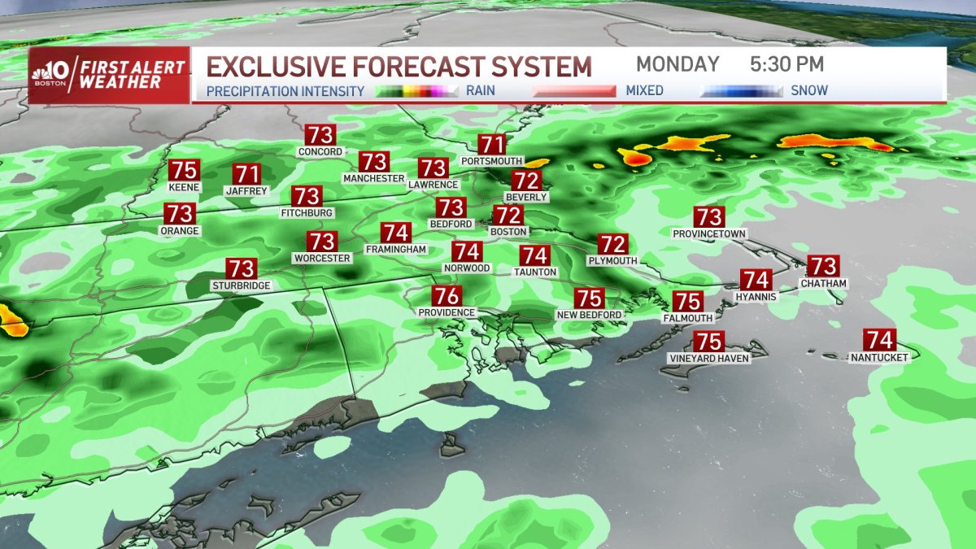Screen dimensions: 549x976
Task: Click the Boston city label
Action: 508,232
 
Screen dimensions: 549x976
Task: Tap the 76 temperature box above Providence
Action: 447,296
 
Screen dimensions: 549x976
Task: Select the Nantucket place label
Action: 878,357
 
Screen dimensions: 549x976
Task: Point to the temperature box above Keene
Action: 184,172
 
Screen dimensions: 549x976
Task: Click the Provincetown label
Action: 709,233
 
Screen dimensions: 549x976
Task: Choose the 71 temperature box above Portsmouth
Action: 491,145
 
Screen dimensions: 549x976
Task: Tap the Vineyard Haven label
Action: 708,358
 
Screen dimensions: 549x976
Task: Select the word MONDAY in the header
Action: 678,64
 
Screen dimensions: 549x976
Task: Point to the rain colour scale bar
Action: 416,91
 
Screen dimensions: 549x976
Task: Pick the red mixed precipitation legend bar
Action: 573,91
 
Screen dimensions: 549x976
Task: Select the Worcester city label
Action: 321,259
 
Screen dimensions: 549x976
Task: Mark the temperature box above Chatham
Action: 823,266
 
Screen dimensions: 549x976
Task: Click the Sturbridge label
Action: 241,285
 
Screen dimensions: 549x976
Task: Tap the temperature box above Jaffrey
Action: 247,174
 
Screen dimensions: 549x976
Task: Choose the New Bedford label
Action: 589,315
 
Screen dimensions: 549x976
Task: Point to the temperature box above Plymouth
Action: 613,244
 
